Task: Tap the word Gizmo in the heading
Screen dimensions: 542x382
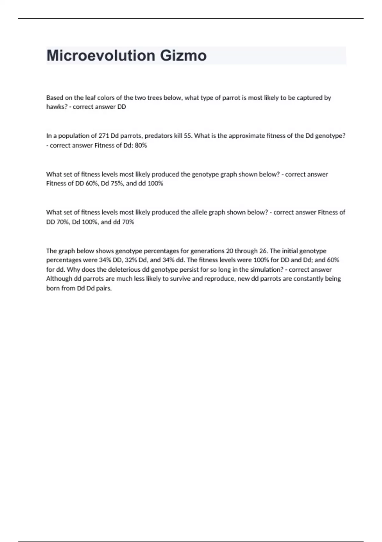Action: (x=183, y=55)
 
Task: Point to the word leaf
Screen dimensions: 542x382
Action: (x=90, y=98)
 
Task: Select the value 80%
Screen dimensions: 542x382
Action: (x=141, y=145)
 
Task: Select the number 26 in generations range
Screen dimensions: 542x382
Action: (x=263, y=251)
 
